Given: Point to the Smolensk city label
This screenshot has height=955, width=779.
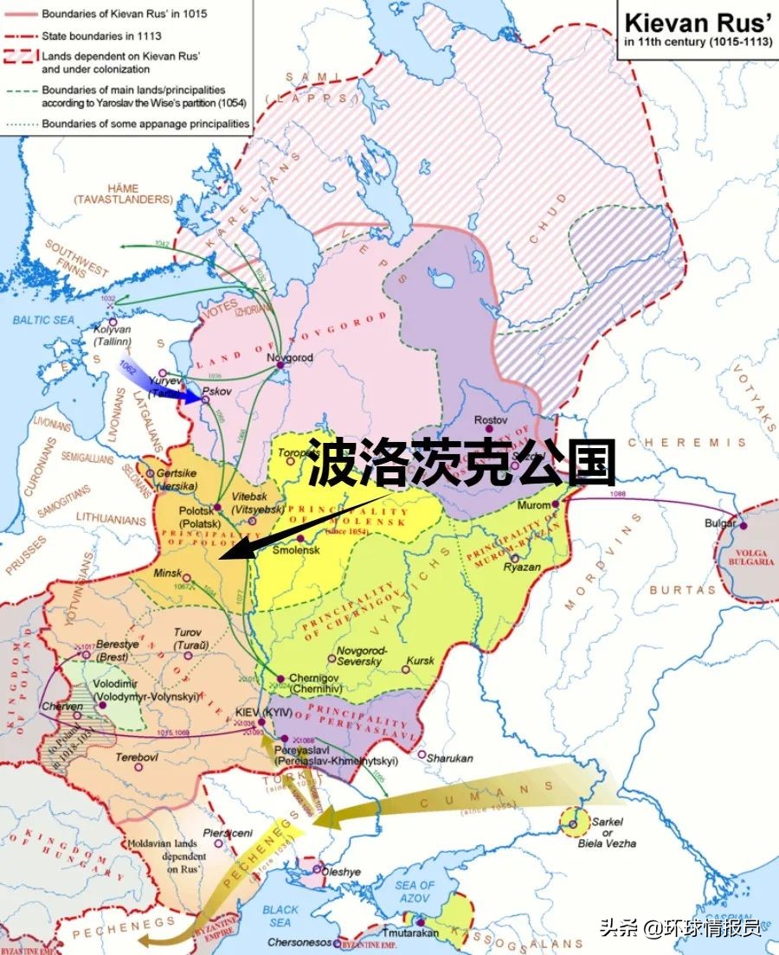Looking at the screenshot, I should pyautogui.click(x=296, y=549).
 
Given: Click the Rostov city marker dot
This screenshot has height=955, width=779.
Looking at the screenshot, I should pyautogui.click(x=491, y=429).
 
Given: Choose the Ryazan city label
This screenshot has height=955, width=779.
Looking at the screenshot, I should pyautogui.click(x=522, y=567).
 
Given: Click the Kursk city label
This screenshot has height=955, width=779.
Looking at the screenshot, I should pyautogui.click(x=421, y=661).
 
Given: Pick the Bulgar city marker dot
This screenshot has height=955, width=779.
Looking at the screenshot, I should pyautogui.click(x=742, y=525).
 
